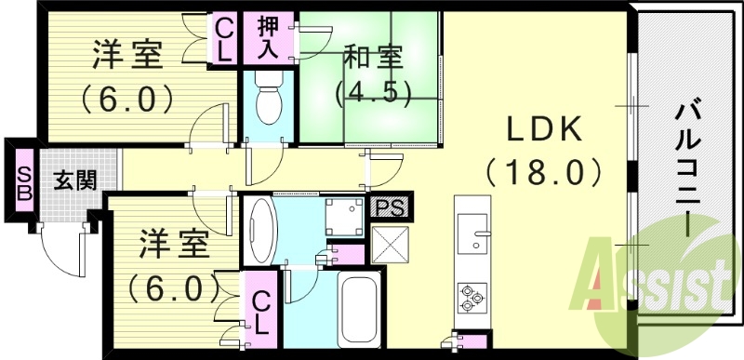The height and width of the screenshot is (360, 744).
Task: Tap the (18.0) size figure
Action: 543,172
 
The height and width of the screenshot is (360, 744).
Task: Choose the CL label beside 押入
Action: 223,38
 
